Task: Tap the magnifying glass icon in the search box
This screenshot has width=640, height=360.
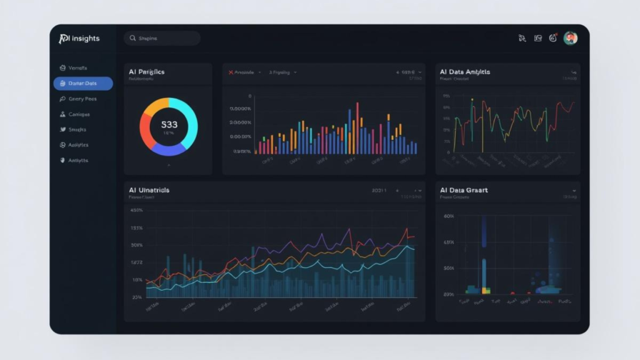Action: (x=132, y=38)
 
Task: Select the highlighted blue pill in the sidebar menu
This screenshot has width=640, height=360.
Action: (x=83, y=83)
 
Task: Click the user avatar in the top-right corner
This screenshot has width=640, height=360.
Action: (x=570, y=38)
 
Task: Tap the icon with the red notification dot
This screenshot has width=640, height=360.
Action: (x=553, y=38)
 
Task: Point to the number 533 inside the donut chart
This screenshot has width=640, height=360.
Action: (x=169, y=124)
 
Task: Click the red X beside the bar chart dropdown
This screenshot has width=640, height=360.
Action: (x=231, y=72)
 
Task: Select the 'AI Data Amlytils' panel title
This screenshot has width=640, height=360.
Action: (x=465, y=72)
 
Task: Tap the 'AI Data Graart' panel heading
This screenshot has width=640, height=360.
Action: (x=464, y=190)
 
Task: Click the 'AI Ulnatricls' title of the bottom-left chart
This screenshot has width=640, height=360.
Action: (x=149, y=190)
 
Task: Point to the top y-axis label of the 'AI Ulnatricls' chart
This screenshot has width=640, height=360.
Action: (x=136, y=211)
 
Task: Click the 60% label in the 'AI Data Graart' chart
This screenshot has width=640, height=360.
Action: (x=448, y=216)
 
